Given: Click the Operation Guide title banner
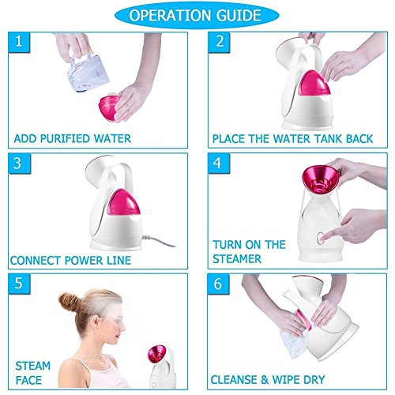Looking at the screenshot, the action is pyautogui.click(x=197, y=15).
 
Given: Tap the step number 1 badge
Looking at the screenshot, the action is pyautogui.click(x=19, y=42).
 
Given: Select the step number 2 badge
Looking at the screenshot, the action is pyautogui.click(x=219, y=42).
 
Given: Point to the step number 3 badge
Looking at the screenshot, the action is pyautogui.click(x=19, y=164).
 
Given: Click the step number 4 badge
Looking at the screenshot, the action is pyautogui.click(x=219, y=164).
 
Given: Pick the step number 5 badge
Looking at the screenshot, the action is pyautogui.click(x=19, y=284).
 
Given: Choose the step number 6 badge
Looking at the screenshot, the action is pyautogui.click(x=218, y=284).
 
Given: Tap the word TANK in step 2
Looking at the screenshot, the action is pyautogui.click(x=328, y=138).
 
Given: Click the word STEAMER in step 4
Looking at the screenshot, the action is pyautogui.click(x=237, y=259).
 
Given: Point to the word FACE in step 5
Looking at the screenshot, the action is pyautogui.click(x=28, y=380).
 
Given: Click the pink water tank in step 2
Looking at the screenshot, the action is pyautogui.click(x=314, y=84).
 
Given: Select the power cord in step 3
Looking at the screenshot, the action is pyautogui.click(x=159, y=240).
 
